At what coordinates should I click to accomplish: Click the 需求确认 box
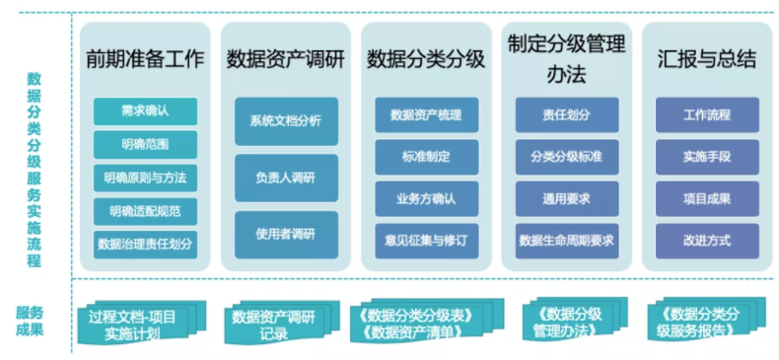(x=145, y=110)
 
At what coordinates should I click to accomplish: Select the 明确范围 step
(x=145, y=145)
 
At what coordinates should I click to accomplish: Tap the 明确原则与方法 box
(x=145, y=178)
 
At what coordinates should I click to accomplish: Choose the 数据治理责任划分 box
(x=145, y=245)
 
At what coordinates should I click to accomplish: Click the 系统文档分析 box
(x=286, y=121)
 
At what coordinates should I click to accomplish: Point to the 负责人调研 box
(x=286, y=178)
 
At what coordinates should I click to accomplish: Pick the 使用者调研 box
(x=286, y=235)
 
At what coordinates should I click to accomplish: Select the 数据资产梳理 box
(x=427, y=114)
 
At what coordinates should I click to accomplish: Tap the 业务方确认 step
(x=427, y=199)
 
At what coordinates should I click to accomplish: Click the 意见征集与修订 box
(x=427, y=242)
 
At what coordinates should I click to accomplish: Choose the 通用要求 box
(x=567, y=199)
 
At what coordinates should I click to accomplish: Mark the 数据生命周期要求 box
(x=567, y=242)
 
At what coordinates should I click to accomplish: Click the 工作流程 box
(x=707, y=114)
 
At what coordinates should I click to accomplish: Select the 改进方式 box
(x=707, y=242)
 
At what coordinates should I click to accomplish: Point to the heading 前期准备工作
(x=145, y=59)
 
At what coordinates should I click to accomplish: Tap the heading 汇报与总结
(x=707, y=59)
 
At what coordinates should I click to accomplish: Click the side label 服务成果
(x=31, y=322)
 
